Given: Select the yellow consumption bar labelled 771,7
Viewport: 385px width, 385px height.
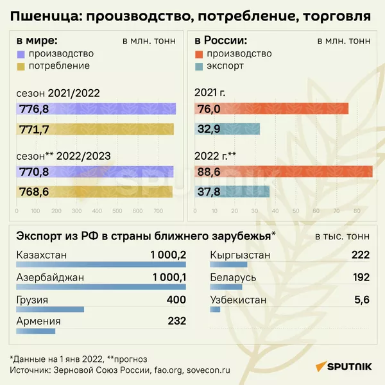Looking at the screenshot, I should coord(96,130).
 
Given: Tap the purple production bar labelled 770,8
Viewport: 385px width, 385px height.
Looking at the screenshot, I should coord(96,171).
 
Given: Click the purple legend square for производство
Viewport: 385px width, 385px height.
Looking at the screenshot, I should coord(21,54).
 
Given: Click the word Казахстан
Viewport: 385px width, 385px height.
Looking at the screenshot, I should coord(42,255).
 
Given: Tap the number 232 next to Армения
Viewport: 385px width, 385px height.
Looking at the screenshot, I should coord(176,322).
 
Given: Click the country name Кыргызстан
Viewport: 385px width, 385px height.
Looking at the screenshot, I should coord(241,255).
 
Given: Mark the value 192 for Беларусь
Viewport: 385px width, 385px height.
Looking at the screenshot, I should coord(360,277).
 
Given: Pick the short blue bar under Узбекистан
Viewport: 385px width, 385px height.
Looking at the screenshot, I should coord(215,310).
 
